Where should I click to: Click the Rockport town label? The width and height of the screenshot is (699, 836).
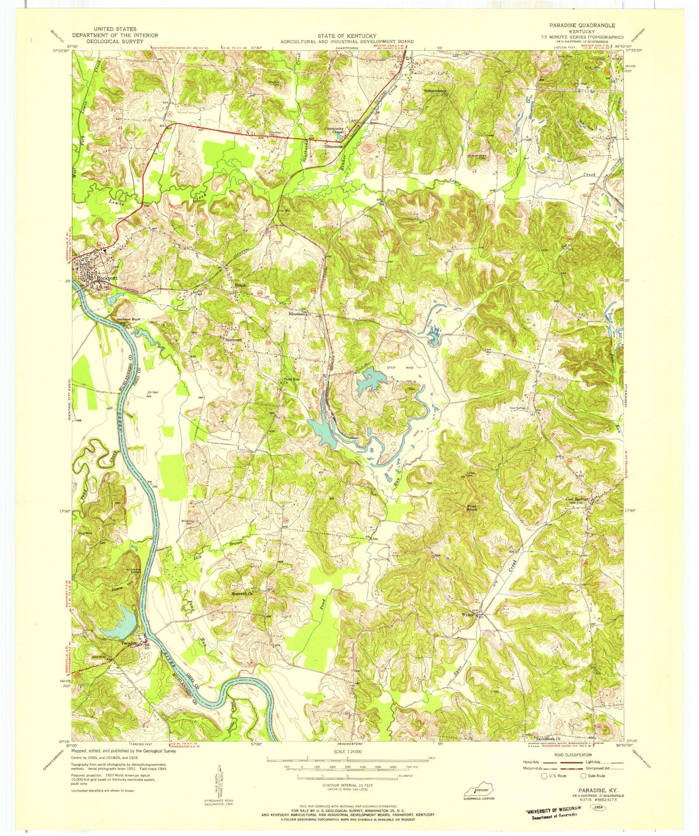tap(106, 279)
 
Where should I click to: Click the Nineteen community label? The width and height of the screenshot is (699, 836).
tap(297, 314)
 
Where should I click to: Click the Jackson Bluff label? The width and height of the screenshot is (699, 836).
tap(128, 320)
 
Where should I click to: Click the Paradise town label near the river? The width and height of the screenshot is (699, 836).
tap(130, 643)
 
